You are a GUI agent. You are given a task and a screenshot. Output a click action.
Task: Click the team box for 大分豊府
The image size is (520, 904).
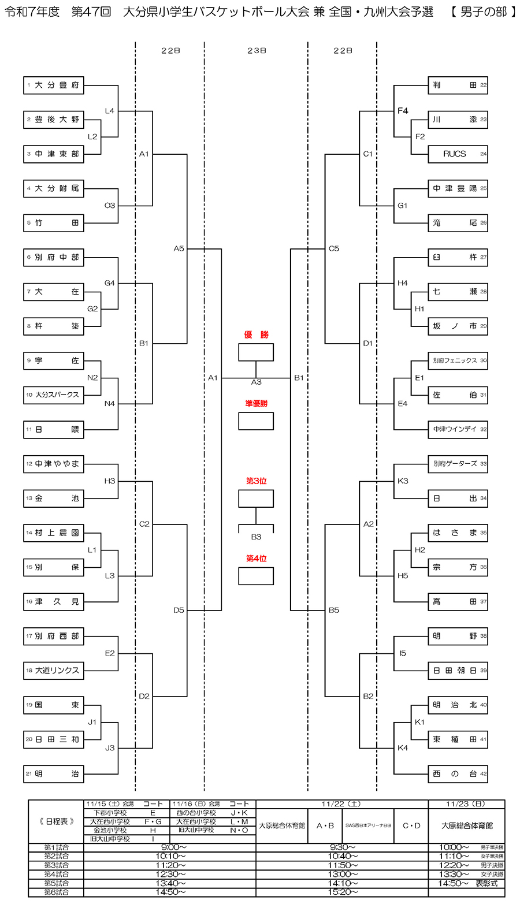click(54, 85)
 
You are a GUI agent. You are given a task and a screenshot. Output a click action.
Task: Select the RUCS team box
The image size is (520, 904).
click(458, 154)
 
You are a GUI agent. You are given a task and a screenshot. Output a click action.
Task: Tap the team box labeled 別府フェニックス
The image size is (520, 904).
click(458, 360)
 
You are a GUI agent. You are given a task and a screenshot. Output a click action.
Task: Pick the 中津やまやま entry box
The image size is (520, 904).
click(54, 464)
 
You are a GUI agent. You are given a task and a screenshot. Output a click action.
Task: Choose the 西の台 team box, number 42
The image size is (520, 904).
click(458, 774)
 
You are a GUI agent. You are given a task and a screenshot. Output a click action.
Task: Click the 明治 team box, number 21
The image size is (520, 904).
click(54, 774)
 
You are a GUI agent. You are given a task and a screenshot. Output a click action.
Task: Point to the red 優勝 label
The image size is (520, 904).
click(256, 335)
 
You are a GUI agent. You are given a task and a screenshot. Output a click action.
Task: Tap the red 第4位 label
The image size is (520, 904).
click(256, 559)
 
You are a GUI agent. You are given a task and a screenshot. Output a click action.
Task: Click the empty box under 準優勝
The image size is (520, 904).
click(256, 421)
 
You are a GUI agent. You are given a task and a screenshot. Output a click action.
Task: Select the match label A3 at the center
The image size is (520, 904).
click(256, 382)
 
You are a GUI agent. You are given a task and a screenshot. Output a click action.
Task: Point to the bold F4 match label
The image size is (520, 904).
click(403, 111)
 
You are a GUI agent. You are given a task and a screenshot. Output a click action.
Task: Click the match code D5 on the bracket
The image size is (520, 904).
click(179, 610)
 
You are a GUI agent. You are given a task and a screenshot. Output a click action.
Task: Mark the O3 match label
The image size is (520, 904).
click(110, 206)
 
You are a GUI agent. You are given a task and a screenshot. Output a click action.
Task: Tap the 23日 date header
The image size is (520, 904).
click(256, 51)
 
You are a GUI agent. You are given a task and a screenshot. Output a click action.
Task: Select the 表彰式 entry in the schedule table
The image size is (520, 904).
click(486, 883)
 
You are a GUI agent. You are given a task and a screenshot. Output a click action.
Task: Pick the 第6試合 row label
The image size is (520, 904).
click(57, 892)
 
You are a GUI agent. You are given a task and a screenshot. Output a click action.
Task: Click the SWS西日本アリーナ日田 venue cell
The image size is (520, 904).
click(368, 825)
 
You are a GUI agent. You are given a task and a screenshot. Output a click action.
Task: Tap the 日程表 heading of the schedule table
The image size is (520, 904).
click(57, 821)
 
